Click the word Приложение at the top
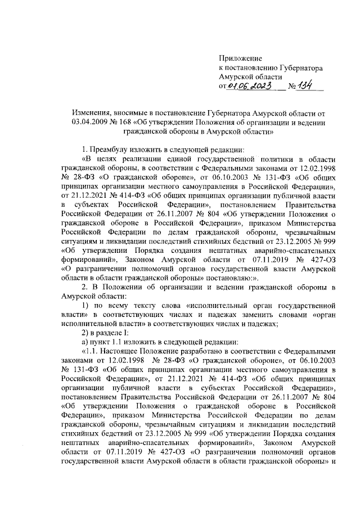pos(240,58)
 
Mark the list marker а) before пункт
pos(86,343)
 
